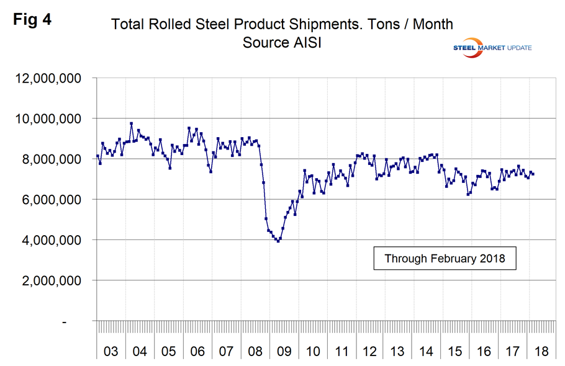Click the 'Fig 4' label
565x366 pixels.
coord(32,19)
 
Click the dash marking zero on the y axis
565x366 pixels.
coord(80,322)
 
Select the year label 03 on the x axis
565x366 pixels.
coord(111,351)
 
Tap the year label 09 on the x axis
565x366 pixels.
coord(284,351)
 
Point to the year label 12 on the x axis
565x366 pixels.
coord(370,351)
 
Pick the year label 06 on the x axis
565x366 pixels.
coord(197,351)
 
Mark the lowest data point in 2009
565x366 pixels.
coord(278,241)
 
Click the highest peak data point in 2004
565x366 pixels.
coord(131,123)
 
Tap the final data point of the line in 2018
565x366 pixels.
coord(533,174)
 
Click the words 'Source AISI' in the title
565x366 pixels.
coord(281,45)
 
